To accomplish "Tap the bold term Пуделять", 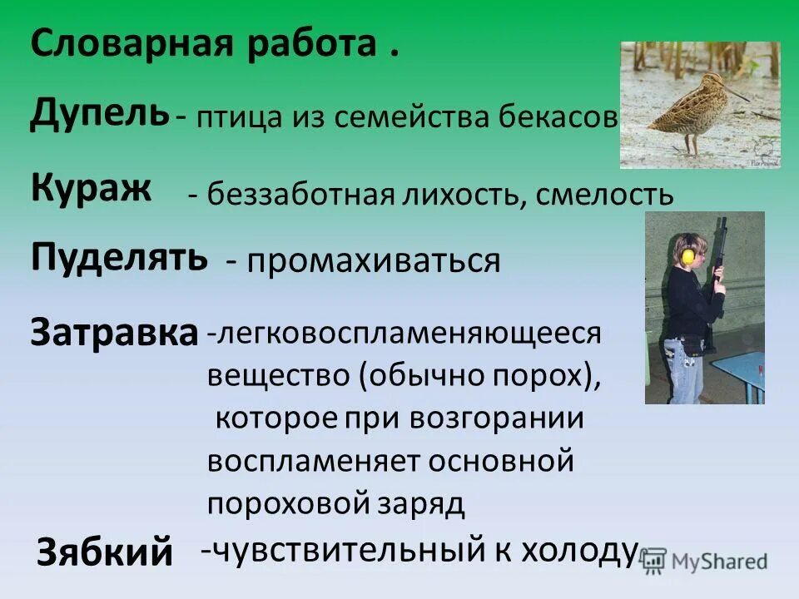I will click(119, 257).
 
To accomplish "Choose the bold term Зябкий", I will click(105, 552).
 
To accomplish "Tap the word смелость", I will click(605, 196).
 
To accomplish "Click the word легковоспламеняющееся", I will click(404, 334).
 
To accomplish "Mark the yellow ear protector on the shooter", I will click(687, 255).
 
